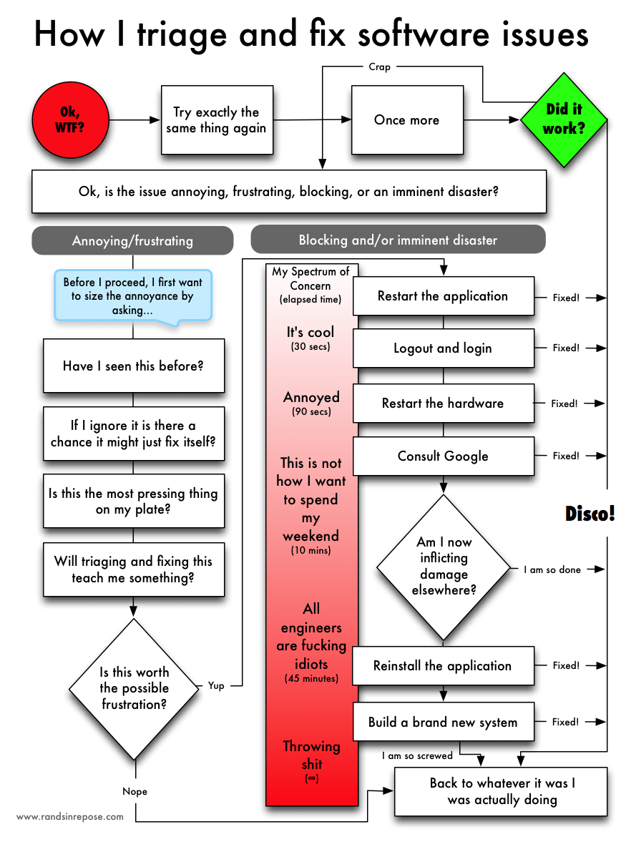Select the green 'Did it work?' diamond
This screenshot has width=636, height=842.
tap(564, 119)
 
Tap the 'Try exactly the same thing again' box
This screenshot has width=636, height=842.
tap(216, 120)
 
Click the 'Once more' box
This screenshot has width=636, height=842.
tap(406, 119)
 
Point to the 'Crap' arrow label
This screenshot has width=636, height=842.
tap(379, 67)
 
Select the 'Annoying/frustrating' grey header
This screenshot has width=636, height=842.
tap(132, 240)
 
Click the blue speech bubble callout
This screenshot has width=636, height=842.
tap(132, 295)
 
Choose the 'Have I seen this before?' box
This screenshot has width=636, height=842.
tap(134, 366)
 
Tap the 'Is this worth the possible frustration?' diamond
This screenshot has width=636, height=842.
tap(134, 687)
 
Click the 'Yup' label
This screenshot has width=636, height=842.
tap(216, 685)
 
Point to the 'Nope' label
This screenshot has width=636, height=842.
tap(134, 791)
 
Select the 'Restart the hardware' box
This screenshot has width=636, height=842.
tap(443, 403)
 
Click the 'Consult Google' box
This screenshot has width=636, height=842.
tap(443, 456)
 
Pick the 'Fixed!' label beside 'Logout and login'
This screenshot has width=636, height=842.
tap(566, 348)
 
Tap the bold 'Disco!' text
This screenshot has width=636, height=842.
tap(590, 514)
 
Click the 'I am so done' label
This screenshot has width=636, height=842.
tap(552, 569)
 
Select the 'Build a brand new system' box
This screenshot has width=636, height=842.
tap(443, 722)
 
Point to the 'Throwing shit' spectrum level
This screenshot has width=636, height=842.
tap(311, 755)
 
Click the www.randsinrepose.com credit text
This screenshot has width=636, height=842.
tap(70, 816)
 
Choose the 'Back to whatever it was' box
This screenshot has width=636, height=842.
tap(502, 791)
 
